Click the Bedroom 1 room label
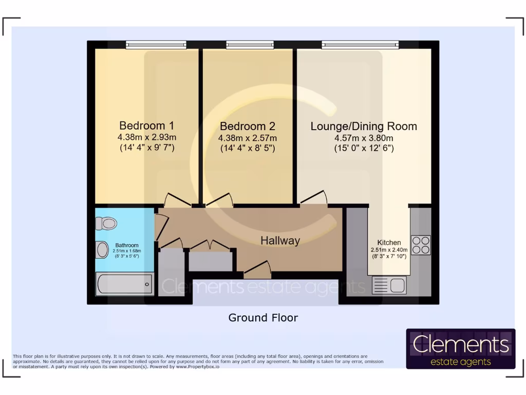pos(146,125)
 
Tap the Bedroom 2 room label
pos(248,127)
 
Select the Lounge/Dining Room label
pos(364,127)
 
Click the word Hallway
pos(280,240)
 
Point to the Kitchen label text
pos(389,243)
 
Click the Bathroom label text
pos(126,245)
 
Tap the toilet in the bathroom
pos(106,223)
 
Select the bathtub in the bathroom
pos(125,284)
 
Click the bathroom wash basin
pos(103,250)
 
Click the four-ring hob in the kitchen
pos(421,245)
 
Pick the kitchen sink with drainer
pos(389,285)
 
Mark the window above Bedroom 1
pos(149,45)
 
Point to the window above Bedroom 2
pos(250,45)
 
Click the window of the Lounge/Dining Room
pos(361,45)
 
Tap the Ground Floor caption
pos(263,318)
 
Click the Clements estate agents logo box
pos(460,349)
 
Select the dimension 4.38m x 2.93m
pos(146,137)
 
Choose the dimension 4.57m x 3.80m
pos(364,138)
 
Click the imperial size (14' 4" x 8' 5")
pos(248,149)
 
